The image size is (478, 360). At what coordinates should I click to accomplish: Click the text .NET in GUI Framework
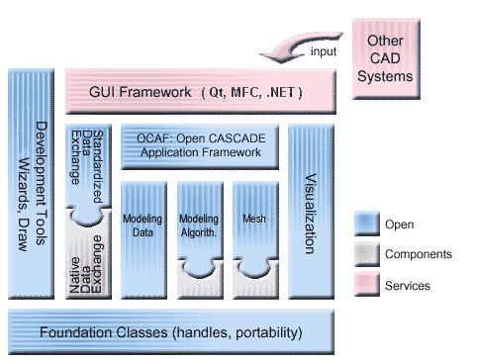282,93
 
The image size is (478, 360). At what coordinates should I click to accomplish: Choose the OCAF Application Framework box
199,146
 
